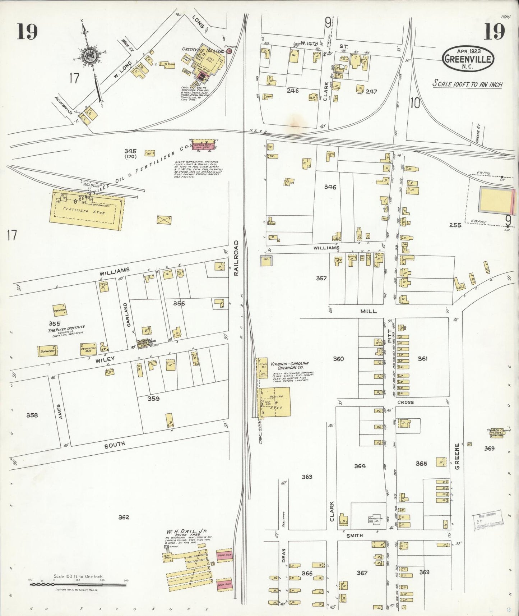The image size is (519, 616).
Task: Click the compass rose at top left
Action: tap(87, 56)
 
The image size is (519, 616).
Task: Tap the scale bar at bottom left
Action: tap(78, 585)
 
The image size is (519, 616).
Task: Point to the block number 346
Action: tap(330, 187)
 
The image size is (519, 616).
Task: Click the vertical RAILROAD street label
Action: tap(236, 258)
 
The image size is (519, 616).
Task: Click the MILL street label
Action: tap(369, 311)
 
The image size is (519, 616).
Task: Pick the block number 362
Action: tap(124, 517)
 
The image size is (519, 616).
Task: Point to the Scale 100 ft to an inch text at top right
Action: tap(467, 84)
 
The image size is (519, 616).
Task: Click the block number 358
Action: tap(32, 415)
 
